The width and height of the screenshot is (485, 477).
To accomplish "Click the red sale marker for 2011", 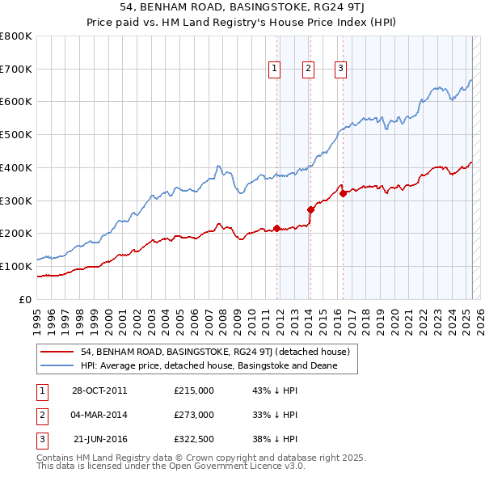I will click(x=276, y=228).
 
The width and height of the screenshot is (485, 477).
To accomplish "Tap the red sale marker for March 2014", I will click(x=310, y=209).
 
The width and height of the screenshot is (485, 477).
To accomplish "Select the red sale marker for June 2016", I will click(x=343, y=192).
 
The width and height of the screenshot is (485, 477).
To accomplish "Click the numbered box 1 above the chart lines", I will click(x=276, y=70).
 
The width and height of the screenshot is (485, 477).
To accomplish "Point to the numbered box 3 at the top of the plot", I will click(x=341, y=70).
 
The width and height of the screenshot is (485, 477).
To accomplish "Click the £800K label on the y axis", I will click(x=16, y=36).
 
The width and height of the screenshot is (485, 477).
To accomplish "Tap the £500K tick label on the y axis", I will click(x=16, y=135).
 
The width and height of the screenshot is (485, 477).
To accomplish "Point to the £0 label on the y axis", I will click(x=25, y=299).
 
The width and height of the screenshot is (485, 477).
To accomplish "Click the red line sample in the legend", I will click(x=57, y=352).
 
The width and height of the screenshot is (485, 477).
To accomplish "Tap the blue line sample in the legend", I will click(x=57, y=365).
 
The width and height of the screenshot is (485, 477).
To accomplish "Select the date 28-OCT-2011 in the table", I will click(x=99, y=390).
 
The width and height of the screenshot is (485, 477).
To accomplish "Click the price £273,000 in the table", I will click(x=194, y=415).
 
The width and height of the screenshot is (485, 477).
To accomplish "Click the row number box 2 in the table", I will click(x=41, y=415).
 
